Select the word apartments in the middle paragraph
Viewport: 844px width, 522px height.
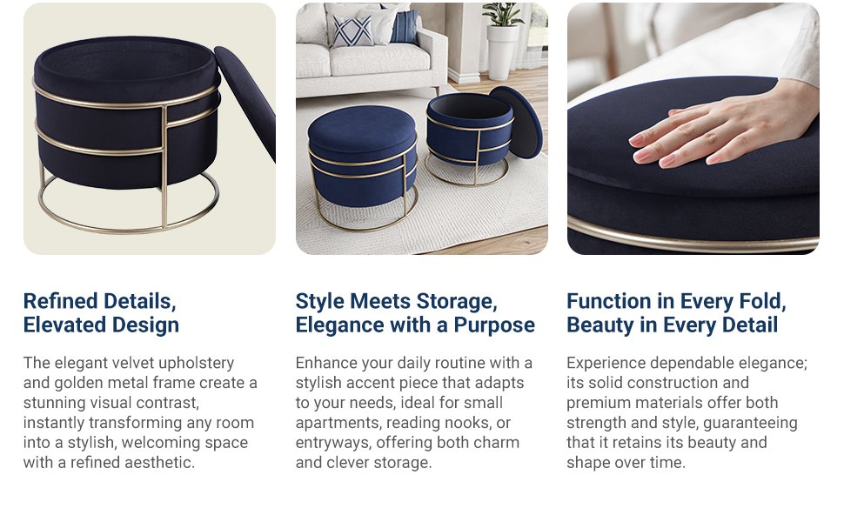(x=337, y=423)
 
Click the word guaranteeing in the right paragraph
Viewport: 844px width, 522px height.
(x=749, y=423)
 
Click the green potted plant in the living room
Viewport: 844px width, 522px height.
(x=504, y=16)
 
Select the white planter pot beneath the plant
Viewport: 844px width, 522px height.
(x=502, y=52)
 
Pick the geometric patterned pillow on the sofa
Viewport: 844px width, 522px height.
(x=352, y=31)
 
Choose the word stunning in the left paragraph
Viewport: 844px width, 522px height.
(x=58, y=403)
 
